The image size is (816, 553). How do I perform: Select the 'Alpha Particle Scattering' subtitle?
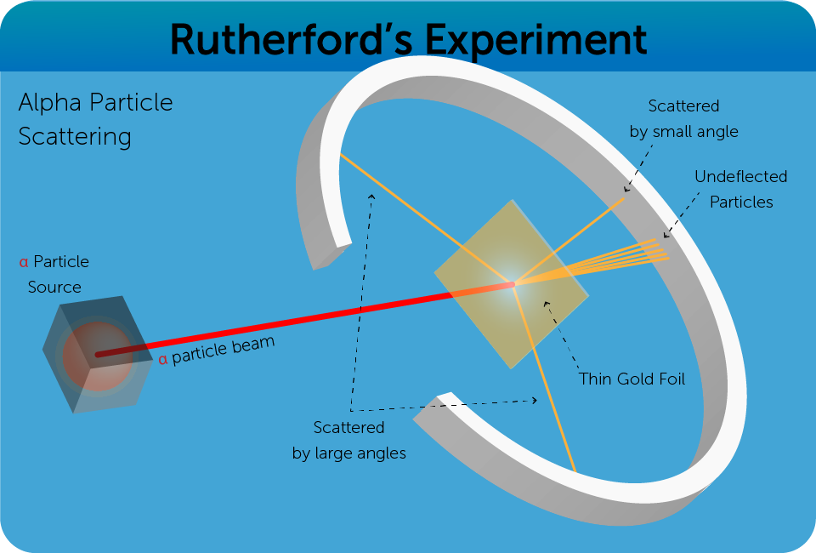[94, 120]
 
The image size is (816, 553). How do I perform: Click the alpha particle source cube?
[91, 354]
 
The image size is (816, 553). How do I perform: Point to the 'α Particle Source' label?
[54, 274]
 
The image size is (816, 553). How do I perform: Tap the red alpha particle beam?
[280, 323]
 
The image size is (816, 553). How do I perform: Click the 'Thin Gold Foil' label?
[632, 379]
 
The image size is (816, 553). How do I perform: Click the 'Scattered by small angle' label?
[684, 118]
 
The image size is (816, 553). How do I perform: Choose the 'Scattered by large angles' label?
[349, 440]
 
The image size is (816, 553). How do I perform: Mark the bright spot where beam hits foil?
[513, 284]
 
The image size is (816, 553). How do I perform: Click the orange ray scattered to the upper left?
[425, 219]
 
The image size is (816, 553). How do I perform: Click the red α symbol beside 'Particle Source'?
[24, 262]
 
